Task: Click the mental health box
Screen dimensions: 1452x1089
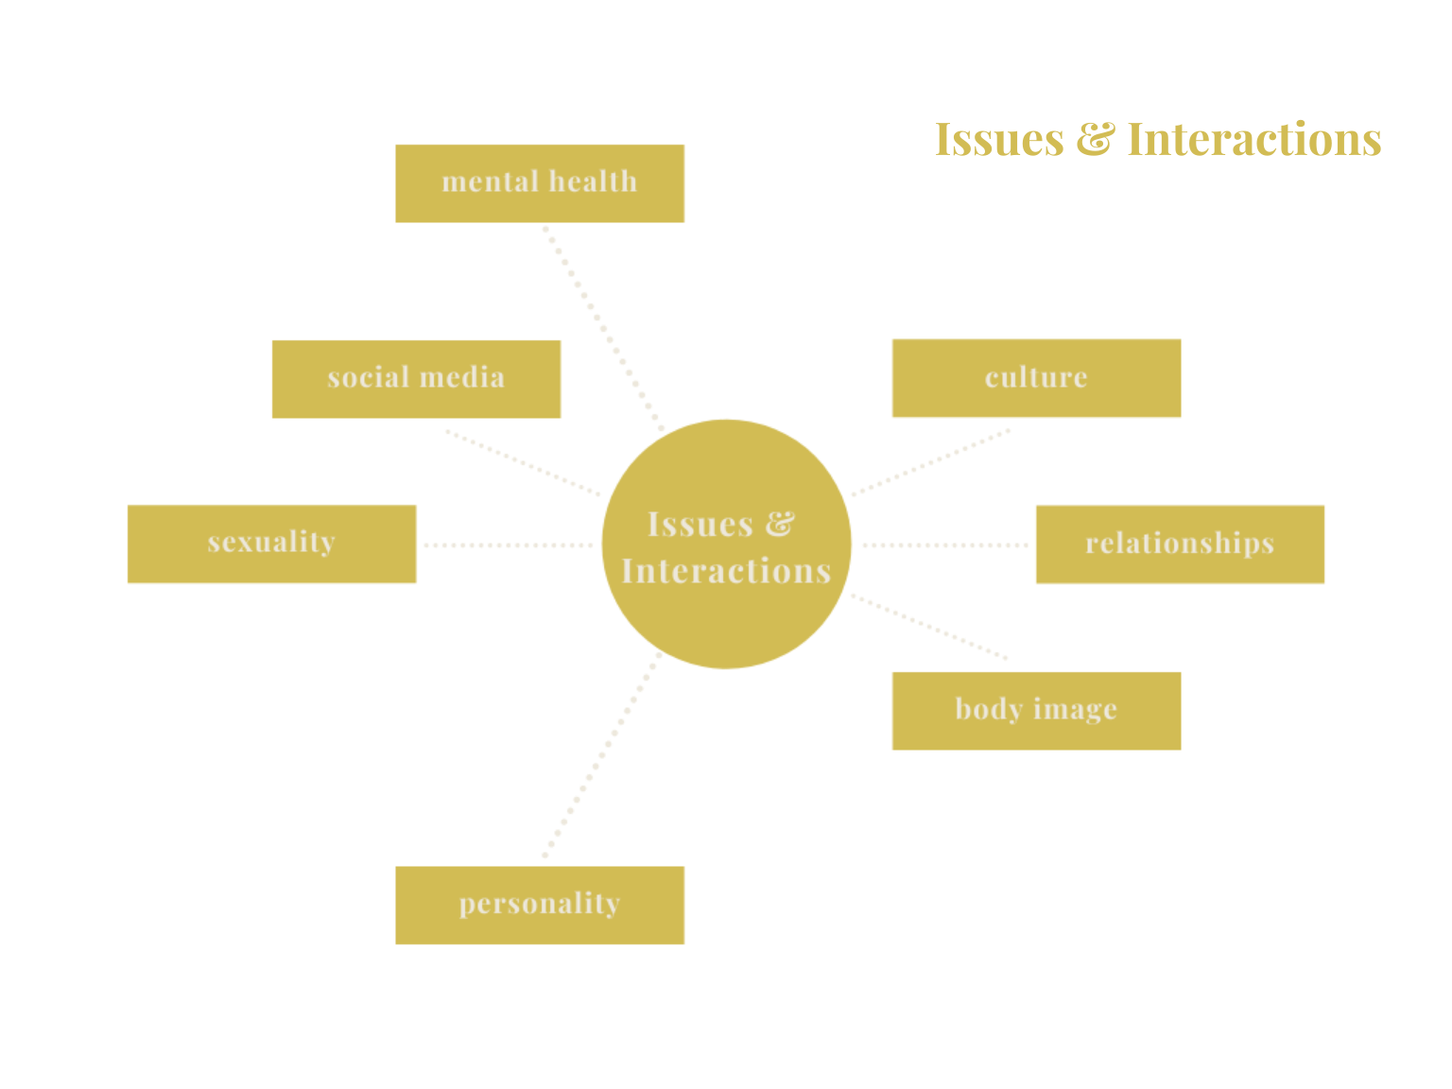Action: pyautogui.click(x=540, y=183)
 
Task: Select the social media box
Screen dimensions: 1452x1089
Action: pyautogui.click(x=416, y=379)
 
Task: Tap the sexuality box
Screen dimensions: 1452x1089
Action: pyautogui.click(x=271, y=544)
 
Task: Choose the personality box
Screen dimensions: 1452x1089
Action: pyautogui.click(x=540, y=906)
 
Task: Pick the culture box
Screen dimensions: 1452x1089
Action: pyautogui.click(x=1036, y=378)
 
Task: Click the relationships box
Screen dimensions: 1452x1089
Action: pyautogui.click(x=1180, y=544)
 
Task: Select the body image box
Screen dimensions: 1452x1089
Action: pyautogui.click(x=1036, y=711)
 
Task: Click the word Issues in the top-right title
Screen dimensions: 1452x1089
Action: pyautogui.click(x=999, y=140)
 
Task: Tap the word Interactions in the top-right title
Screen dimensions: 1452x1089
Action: pyautogui.click(x=1253, y=140)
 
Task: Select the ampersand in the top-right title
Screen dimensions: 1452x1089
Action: pyautogui.click(x=1095, y=140)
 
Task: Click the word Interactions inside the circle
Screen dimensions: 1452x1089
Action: pyautogui.click(x=726, y=571)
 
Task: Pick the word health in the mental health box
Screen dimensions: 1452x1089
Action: pyautogui.click(x=593, y=181)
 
